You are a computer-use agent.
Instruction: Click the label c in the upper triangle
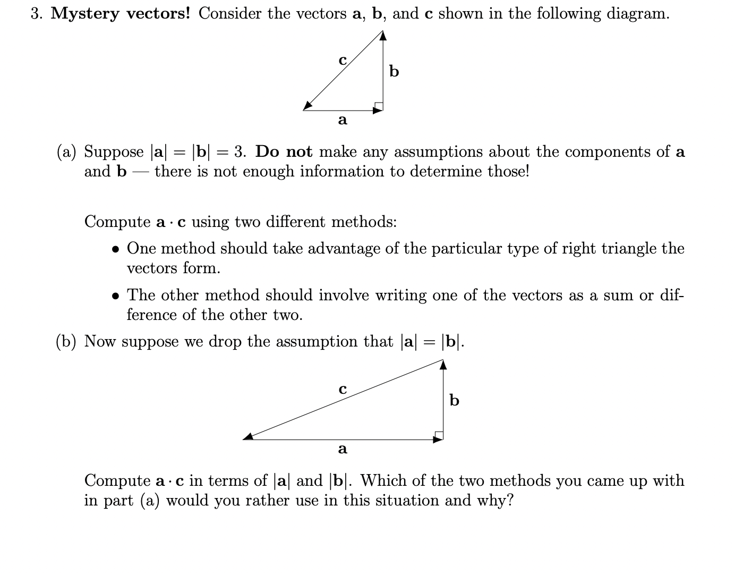(x=343, y=60)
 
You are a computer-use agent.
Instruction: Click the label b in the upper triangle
(x=394, y=71)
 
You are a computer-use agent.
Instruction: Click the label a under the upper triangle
(x=343, y=120)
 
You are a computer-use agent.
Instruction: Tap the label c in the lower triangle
(x=343, y=389)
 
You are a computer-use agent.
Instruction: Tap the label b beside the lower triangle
(x=454, y=400)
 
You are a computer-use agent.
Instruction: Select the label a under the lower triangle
(x=343, y=449)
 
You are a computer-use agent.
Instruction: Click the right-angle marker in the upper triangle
(x=379, y=106)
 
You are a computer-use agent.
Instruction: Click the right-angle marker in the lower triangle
(x=439, y=435)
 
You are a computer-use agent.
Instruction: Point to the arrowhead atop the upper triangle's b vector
(x=383, y=35)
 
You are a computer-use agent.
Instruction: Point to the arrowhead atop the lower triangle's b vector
(x=443, y=364)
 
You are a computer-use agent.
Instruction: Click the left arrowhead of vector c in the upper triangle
(x=308, y=106)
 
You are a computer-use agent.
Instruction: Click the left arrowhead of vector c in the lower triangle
(x=248, y=436)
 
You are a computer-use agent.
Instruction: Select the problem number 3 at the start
(x=35, y=14)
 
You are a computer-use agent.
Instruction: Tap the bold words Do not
(x=284, y=152)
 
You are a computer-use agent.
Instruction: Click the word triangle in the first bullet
(x=626, y=249)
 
